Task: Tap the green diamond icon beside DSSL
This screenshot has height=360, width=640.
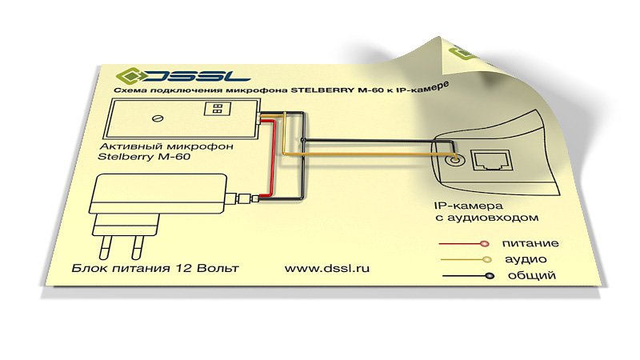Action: [128, 75]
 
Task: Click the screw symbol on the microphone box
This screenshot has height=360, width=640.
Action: [158, 118]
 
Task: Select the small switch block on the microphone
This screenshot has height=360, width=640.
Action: [218, 108]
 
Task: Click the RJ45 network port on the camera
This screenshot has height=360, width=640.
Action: [492, 160]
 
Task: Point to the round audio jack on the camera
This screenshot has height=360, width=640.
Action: [454, 158]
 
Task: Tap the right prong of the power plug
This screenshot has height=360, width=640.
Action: [138, 248]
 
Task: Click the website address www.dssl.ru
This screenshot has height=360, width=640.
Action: [327, 268]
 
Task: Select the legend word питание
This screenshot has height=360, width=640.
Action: [530, 244]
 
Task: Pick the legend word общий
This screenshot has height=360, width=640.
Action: [532, 275]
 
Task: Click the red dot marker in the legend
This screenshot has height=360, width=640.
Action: [484, 244]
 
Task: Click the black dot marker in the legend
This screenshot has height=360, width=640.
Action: [490, 276]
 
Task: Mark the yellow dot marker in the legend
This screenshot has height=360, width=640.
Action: [486, 259]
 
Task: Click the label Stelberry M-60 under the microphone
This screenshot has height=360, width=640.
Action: [144, 156]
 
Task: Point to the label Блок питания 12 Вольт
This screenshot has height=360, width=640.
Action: [155, 268]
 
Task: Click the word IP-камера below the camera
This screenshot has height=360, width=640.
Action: [469, 206]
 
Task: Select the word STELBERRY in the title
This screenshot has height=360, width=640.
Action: [322, 90]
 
